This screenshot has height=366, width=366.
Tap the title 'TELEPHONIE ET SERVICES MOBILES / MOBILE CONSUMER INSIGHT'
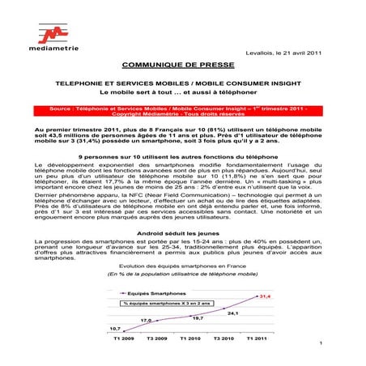(x=182, y=83)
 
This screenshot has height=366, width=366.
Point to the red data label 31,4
(x=263, y=296)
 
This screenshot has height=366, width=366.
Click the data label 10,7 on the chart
(x=115, y=328)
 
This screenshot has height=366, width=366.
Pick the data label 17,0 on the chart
(x=146, y=321)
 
